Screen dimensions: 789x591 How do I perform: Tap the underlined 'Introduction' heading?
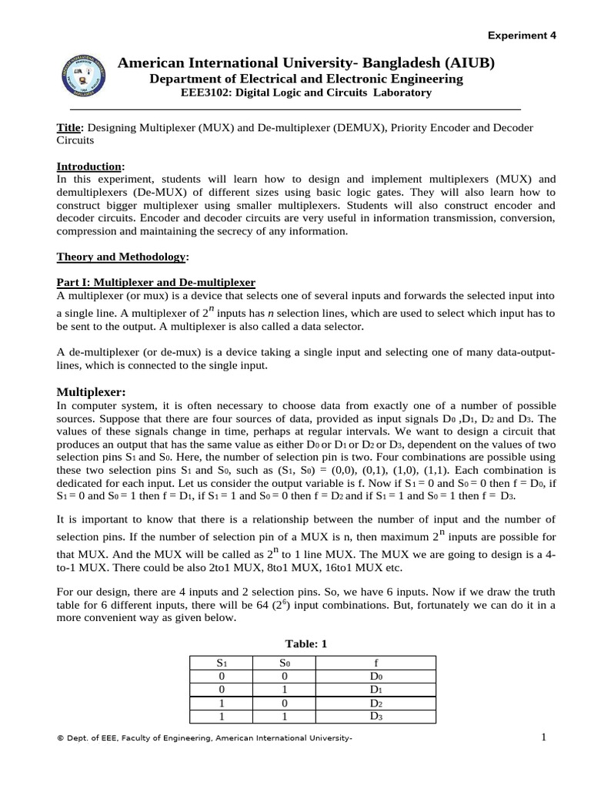(89, 166)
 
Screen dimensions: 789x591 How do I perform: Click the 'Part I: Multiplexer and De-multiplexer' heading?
(156, 283)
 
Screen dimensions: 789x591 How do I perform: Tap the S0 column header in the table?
(285, 663)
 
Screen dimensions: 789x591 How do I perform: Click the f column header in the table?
(376, 663)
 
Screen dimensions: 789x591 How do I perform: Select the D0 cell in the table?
(376, 677)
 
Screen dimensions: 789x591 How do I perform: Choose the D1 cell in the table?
(376, 690)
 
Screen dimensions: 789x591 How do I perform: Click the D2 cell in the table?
(376, 703)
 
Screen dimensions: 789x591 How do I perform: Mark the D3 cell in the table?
(376, 716)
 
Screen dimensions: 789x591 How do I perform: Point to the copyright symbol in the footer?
(60, 739)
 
